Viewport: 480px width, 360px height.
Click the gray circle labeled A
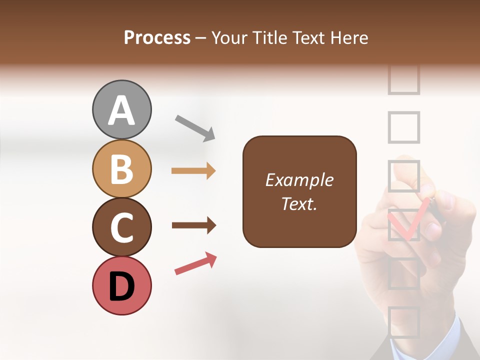121,109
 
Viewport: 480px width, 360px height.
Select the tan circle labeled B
121,168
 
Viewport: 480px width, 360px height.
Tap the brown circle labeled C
121,227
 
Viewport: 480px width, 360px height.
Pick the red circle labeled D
121,286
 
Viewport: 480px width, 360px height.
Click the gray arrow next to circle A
194,127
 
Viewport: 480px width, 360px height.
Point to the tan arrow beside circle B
193,171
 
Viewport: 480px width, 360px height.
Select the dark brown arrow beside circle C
193,225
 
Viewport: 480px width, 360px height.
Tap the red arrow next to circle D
195,263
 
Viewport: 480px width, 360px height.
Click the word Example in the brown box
299,180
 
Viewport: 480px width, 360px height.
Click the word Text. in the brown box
299,203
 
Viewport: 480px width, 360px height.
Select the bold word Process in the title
157,37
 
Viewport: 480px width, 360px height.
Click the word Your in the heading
230,37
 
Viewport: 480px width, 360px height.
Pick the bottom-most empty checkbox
403,322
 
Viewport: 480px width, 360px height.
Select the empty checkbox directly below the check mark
403,273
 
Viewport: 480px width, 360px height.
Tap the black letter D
121,287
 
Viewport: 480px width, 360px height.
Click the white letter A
121,110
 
